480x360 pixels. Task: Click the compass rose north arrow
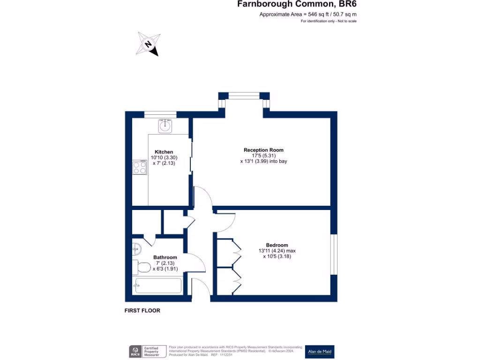click(x=149, y=44)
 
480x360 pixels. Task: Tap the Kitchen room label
click(x=164, y=152)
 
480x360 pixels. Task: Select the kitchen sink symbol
click(x=165, y=126)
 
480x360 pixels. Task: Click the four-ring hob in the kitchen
click(x=139, y=167)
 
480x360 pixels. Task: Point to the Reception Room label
click(x=263, y=150)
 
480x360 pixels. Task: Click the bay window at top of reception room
click(x=244, y=96)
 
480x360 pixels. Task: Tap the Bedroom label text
click(x=277, y=245)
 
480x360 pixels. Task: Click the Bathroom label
click(x=165, y=257)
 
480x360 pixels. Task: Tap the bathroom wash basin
click(x=136, y=249)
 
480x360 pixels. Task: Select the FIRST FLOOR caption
click(x=142, y=310)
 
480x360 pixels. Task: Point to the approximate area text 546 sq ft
click(x=307, y=15)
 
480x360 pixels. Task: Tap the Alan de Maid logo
click(x=320, y=352)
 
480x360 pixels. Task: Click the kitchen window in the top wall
click(x=160, y=114)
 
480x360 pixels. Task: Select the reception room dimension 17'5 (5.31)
click(x=263, y=156)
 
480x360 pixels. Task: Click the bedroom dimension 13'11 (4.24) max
click(x=277, y=251)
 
